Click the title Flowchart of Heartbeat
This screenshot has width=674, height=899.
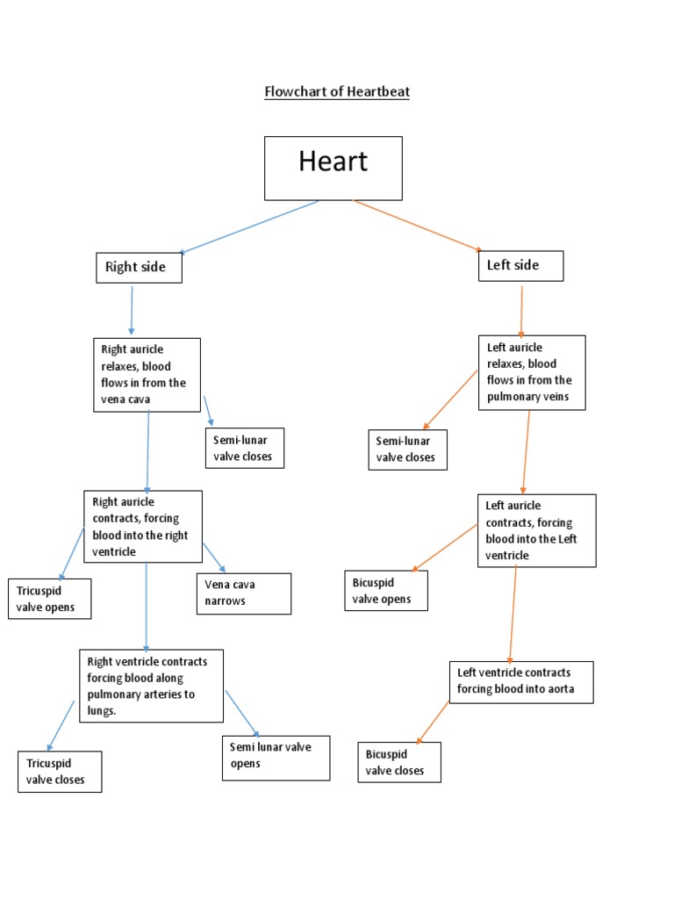click(x=337, y=91)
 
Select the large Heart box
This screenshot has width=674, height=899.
click(x=333, y=168)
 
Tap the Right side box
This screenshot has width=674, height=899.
click(x=139, y=267)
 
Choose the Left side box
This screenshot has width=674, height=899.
click(x=520, y=265)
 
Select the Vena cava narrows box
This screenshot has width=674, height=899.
click(x=243, y=593)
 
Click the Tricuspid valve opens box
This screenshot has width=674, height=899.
click(x=49, y=599)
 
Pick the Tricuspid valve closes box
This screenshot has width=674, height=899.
click(x=60, y=772)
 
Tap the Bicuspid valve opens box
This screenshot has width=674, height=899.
click(x=386, y=591)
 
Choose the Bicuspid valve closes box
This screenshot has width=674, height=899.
click(x=399, y=762)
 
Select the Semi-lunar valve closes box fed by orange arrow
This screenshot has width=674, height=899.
click(x=407, y=449)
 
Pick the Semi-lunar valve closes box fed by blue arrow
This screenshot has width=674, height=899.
click(x=244, y=448)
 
